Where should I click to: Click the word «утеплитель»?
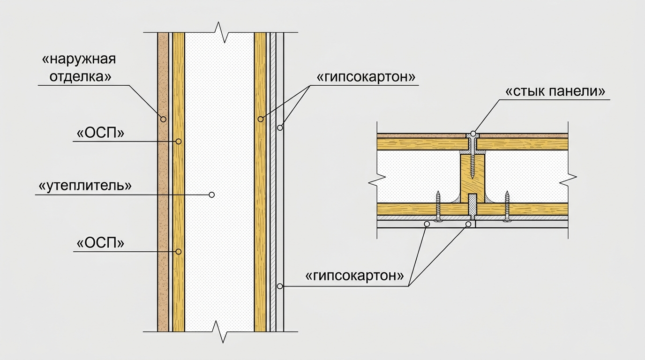[85, 186]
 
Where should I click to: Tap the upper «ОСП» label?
[100, 133]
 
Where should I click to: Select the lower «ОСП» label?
[100, 243]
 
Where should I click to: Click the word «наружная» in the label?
[79, 60]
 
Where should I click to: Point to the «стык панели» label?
[555, 91]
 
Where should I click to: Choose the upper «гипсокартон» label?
[366, 77]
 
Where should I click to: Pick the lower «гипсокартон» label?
[354, 276]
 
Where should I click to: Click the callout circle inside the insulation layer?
[212, 195]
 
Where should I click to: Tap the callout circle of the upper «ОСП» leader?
[179, 142]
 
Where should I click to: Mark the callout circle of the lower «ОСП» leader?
[179, 252]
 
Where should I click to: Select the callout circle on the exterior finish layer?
[163, 119]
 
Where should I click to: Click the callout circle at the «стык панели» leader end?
[473, 134]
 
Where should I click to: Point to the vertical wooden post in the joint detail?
[472, 179]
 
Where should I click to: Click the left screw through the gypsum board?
[438, 206]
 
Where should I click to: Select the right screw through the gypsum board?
[507, 206]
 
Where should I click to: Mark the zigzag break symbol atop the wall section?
[221, 32]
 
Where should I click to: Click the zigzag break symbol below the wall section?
[221, 331]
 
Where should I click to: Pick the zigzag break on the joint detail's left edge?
[377, 180]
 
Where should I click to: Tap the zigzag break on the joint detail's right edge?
[568, 180]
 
